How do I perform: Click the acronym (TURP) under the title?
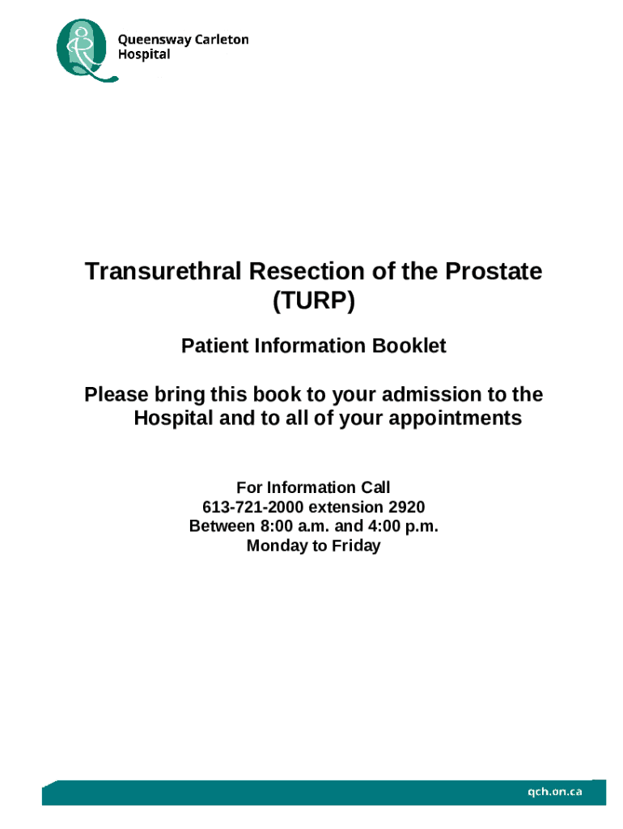(313, 302)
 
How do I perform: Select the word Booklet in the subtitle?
(409, 346)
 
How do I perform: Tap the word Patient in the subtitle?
(216, 346)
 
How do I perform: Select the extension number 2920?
(406, 507)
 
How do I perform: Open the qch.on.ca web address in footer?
(555, 792)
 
